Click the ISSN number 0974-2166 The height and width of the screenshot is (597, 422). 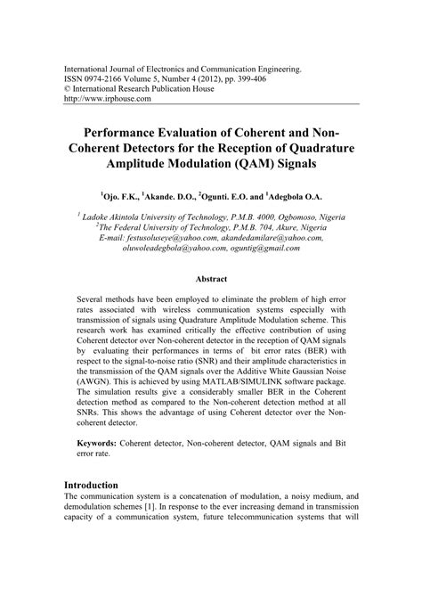pos(106,78)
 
